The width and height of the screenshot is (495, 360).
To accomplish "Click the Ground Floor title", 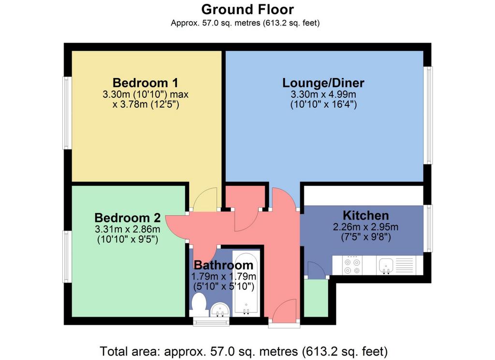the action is pos(247,10).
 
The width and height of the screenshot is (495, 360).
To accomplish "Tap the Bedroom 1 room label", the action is pos(146,83).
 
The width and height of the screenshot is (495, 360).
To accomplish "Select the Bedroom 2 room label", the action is pos(128,218).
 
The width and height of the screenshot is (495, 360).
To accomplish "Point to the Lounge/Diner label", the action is pos(323,83).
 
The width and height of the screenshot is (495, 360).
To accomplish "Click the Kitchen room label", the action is pos(365,215).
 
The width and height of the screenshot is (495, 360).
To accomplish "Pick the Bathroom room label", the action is pos(223,265).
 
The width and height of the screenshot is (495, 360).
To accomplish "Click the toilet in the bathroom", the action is pos(199,304).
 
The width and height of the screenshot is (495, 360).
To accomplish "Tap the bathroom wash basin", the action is pos(220,309).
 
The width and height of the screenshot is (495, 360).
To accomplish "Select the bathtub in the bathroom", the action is pos(246,284).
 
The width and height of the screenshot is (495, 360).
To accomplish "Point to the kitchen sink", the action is pos(386,265).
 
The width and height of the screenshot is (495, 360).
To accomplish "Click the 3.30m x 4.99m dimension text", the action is pos(323,94).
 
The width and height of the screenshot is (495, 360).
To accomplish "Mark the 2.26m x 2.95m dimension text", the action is pos(365,227).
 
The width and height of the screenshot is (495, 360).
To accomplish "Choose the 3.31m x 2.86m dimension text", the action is pos(128,229).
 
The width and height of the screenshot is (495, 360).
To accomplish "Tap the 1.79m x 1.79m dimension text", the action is pos(223,277).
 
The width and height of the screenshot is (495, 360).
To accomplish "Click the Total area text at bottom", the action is pos(244,351).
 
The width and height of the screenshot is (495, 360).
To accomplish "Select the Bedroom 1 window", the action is pos(66,113).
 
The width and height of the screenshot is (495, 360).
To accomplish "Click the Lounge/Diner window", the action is pos(428,115).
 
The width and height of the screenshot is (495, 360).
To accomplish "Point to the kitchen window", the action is pos(428,228).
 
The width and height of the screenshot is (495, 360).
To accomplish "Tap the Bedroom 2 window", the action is pos(66,256).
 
